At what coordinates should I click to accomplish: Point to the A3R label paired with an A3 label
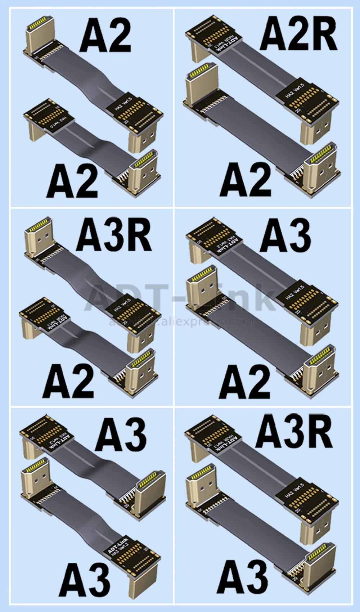[294, 432]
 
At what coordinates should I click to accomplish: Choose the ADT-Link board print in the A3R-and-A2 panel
[59, 322]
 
